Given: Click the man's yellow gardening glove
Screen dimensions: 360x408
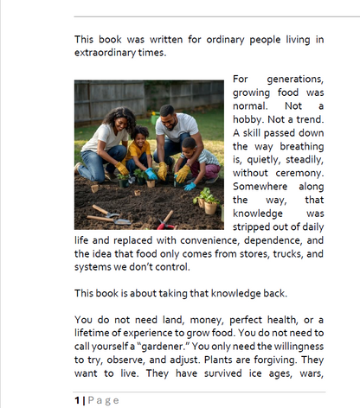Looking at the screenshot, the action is [162, 170].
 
